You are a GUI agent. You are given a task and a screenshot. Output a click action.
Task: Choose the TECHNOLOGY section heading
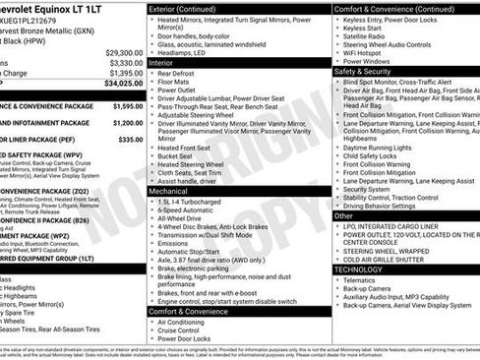coord(359,269)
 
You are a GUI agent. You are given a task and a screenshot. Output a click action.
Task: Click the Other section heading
coord(344,214)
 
